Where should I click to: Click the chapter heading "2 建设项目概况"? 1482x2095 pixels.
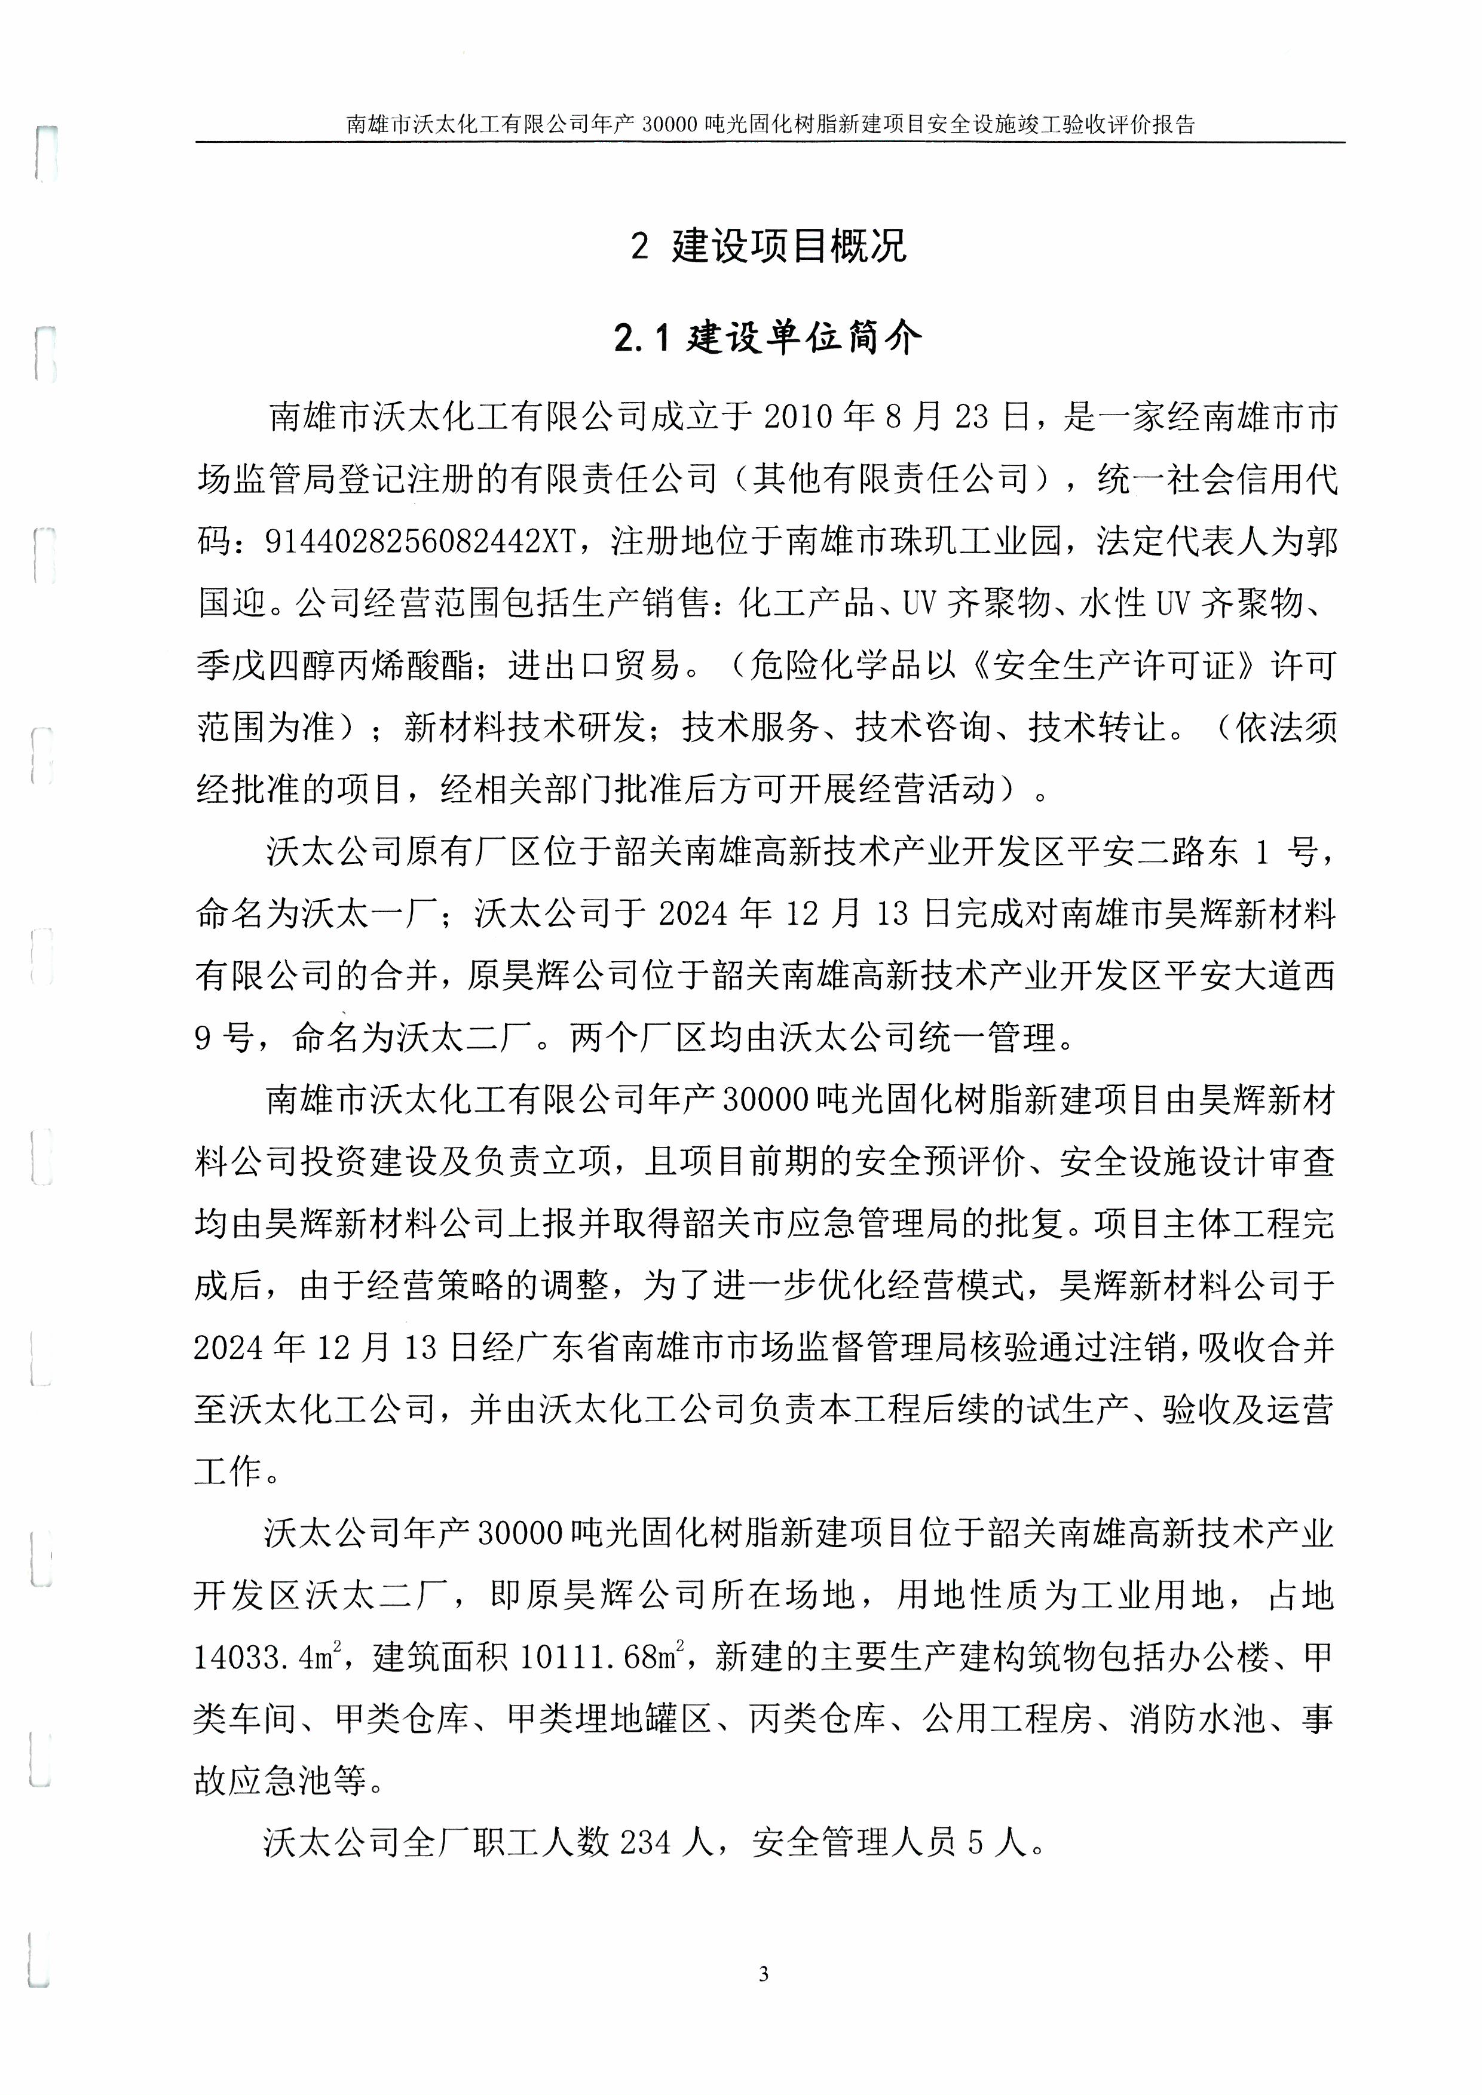click(x=768, y=246)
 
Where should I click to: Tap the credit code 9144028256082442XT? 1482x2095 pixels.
click(x=422, y=541)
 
